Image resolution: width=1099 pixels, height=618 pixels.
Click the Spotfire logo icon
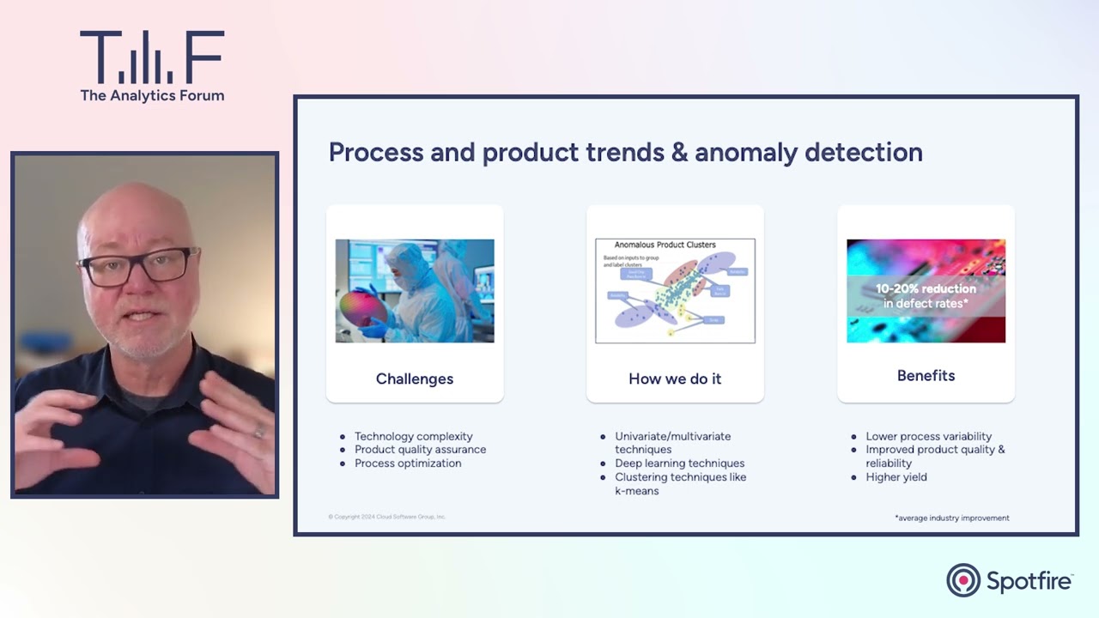point(963,580)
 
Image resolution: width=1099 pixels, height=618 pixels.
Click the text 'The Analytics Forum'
point(152,95)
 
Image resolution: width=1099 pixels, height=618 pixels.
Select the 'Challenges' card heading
point(415,379)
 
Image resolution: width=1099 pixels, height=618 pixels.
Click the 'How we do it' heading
point(675,379)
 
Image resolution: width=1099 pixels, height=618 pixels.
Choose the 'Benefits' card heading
point(926,375)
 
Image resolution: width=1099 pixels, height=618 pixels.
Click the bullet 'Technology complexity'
point(413,436)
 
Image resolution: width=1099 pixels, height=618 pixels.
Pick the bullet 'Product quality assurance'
point(420,450)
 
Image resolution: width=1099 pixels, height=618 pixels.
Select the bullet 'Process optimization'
point(408,463)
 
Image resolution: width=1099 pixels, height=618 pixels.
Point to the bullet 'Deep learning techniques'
point(679,463)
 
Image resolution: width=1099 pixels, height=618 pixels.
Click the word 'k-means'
point(636,491)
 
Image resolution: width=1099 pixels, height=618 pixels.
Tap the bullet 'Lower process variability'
point(928,436)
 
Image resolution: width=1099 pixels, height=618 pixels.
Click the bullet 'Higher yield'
point(896,477)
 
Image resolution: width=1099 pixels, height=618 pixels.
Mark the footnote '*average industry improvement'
point(951,518)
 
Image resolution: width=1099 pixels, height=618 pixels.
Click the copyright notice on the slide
point(387,517)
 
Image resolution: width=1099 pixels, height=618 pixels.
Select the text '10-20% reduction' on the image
point(926,289)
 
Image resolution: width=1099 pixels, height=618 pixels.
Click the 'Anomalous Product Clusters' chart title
point(665,245)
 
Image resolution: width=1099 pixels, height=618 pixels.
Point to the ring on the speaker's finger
point(258,433)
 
